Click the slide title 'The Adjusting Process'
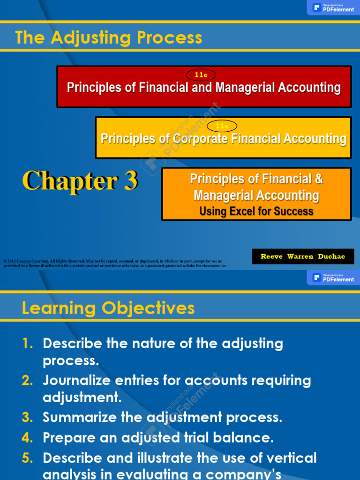109,37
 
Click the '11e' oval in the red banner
201,75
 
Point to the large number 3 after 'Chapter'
131,181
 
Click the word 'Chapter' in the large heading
70,181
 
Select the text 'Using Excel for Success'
256,211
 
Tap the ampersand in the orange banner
318,179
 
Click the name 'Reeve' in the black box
271,257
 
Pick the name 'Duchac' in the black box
331,257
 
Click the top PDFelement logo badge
333,7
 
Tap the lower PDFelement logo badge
333,277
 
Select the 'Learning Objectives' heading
108,308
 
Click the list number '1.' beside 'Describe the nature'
28,344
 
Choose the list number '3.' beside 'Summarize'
28,417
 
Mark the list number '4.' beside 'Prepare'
28,438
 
